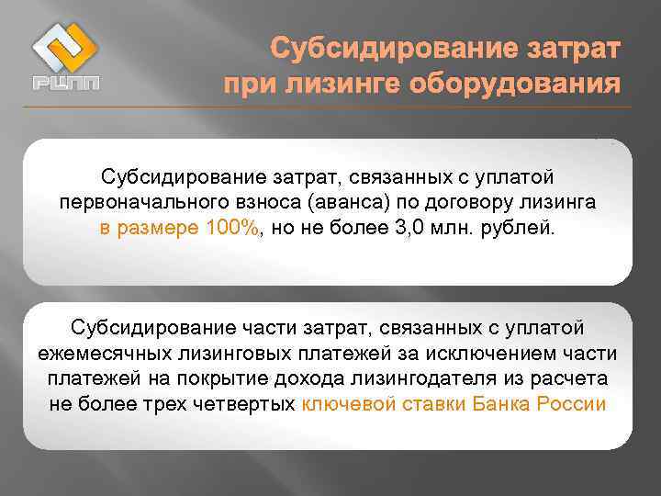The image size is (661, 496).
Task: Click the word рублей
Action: click(522, 228)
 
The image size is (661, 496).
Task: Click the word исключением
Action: click(500, 354)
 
